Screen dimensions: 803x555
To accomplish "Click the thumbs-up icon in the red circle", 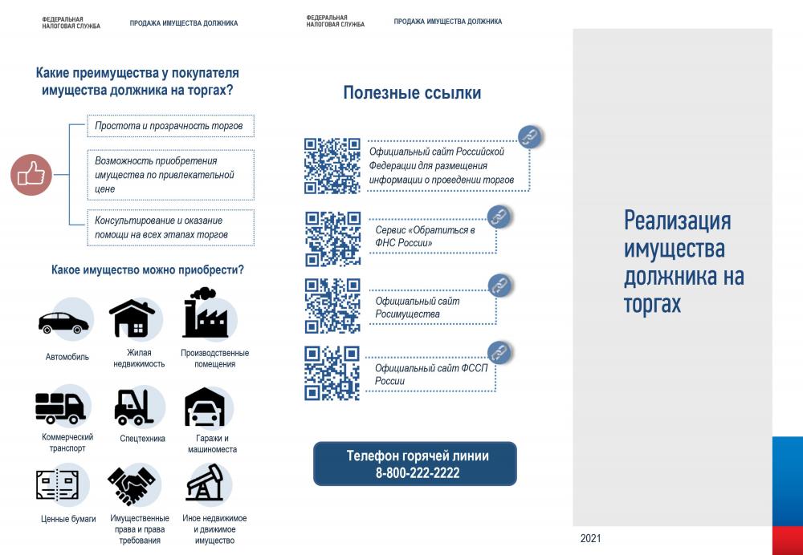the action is pos(31,174).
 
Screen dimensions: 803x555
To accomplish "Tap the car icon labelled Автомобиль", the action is pos(63,322).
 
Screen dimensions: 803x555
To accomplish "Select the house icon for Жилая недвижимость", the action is pos(132,318).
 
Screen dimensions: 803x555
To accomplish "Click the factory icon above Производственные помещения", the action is pos(206,312).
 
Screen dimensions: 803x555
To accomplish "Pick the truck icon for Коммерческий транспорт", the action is pos(60,407).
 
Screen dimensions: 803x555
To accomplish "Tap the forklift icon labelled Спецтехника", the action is pos(133,407).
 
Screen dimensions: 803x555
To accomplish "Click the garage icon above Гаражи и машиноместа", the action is pos(205,407).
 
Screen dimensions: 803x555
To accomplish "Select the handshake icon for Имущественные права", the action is pos(131,484).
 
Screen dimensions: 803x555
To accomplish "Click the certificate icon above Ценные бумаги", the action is pos(57,485).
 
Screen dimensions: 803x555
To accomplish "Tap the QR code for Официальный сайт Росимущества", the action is pos(333,306).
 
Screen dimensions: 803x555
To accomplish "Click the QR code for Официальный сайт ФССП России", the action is pos(332,373).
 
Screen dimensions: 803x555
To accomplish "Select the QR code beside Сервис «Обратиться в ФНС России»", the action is pos(333,239).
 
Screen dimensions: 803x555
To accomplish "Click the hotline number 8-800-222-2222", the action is pos(418,472).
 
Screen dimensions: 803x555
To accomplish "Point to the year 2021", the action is pos(590,538).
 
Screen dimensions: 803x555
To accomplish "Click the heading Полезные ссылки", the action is pos(412,92).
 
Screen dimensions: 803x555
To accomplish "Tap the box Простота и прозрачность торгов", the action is pos(170,126).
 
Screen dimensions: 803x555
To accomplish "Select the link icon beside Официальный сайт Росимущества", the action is pos(499,286).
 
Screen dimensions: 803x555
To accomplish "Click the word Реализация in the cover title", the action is pos(677,221).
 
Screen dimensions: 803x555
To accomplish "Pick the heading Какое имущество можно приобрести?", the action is pos(148,269).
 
